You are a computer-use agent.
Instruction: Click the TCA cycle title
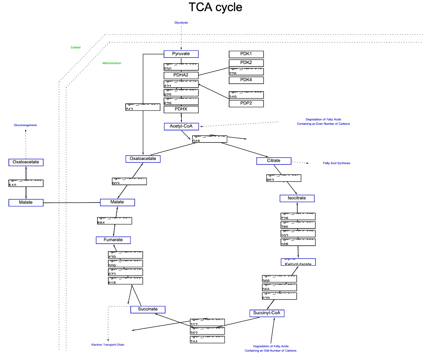215,7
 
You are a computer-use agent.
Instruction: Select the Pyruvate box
181,54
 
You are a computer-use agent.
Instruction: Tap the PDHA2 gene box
181,75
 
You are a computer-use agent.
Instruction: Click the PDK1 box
246,54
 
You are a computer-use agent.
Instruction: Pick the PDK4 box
246,80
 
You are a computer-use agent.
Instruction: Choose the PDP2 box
246,104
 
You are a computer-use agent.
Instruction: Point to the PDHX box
181,109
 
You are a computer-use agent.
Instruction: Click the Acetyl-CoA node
181,126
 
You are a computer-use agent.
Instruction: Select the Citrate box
274,161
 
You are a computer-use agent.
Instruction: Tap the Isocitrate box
297,198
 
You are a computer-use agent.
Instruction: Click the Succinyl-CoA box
267,313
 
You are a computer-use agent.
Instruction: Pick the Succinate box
148,309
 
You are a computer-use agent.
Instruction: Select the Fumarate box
113,240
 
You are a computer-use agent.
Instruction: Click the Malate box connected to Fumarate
117,202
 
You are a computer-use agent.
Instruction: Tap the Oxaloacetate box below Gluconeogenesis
26,162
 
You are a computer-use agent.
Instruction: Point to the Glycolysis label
181,23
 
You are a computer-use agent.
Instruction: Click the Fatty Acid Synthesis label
336,163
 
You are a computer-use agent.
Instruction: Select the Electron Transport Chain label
108,345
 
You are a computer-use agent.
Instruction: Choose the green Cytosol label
76,47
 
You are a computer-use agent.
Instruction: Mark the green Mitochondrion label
112,63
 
